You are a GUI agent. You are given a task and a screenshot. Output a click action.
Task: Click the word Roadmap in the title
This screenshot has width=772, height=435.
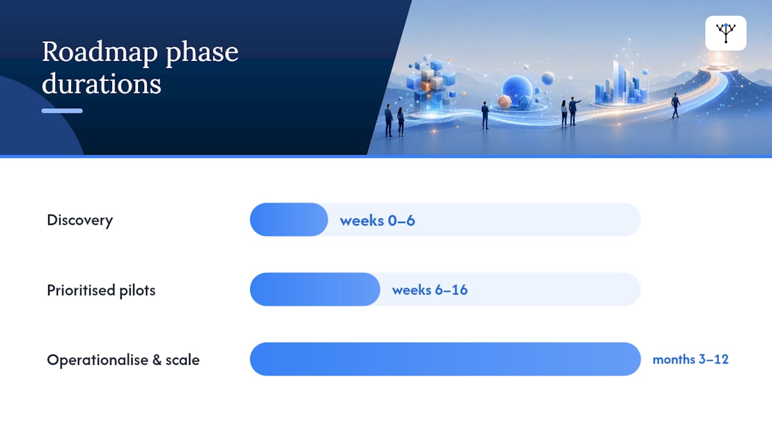pos(100,53)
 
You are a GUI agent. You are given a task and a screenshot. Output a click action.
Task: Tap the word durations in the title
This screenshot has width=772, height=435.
pos(101,83)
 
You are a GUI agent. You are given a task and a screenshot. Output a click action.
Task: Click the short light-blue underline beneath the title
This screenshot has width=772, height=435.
pos(62,111)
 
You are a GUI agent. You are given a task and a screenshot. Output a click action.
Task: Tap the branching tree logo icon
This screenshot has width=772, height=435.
pos(726,33)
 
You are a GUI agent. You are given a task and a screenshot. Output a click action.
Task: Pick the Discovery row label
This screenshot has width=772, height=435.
pos(80,221)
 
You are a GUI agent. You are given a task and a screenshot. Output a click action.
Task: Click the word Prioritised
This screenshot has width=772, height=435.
pos(81,290)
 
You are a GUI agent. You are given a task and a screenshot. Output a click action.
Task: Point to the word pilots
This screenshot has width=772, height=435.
pos(137,291)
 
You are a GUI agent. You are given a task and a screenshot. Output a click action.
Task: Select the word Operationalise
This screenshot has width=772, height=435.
pos(98,359)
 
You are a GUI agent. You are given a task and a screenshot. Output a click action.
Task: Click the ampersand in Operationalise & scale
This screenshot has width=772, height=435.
pos(157,360)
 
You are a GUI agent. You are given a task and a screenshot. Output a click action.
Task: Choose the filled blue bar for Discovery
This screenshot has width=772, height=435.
pos(289,219)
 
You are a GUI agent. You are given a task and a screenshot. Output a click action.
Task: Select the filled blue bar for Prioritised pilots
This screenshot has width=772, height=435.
pos(315,289)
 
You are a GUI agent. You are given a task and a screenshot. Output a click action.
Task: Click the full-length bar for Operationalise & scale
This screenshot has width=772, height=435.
pos(445,359)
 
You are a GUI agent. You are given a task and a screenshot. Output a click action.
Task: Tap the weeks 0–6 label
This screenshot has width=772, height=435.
pos(378,221)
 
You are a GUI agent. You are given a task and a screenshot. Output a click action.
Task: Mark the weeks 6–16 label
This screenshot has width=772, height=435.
pos(430,290)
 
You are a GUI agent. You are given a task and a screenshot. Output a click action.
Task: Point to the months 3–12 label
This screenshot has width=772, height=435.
pos(691,359)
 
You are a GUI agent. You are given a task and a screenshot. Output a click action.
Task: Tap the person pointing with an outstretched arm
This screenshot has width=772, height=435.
pos(574,111)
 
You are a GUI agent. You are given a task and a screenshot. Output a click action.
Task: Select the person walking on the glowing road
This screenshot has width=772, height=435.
pos(675,105)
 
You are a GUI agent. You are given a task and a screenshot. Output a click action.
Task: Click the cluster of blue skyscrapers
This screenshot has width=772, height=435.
pos(621,85)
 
